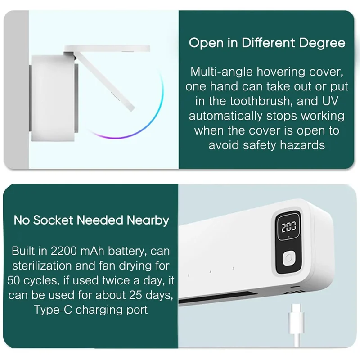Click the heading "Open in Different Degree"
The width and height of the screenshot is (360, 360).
267,43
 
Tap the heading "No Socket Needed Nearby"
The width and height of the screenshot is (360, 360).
91,220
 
